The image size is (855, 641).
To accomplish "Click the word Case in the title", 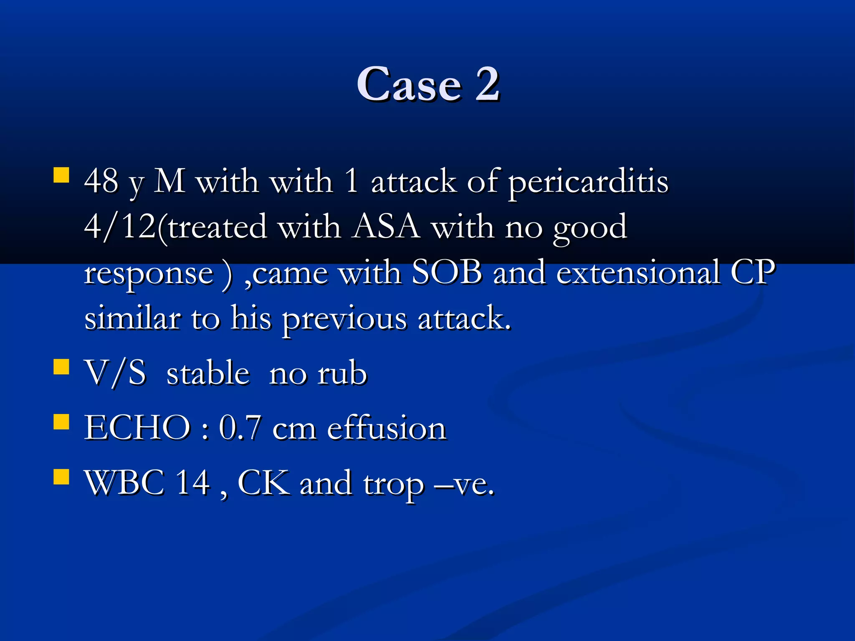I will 409,85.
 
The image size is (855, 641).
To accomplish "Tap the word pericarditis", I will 588,182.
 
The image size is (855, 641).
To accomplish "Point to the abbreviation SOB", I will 446,273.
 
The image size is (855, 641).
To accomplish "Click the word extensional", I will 638,273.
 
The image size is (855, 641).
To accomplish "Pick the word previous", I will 344,319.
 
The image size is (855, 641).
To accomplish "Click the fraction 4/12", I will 120,227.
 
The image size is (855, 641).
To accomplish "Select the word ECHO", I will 137,428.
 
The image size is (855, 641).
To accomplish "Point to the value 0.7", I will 240,428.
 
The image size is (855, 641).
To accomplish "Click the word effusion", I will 387,428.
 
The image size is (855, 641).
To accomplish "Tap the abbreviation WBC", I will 124,483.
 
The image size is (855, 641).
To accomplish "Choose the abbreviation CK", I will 263,483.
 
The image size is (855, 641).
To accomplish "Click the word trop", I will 393,485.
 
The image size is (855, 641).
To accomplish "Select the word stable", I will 208,373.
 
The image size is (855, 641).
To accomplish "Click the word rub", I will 342,373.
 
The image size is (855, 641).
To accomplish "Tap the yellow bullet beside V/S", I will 61,367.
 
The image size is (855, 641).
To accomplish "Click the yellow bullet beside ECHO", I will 61,422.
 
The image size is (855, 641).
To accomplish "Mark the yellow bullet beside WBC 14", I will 61,477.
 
